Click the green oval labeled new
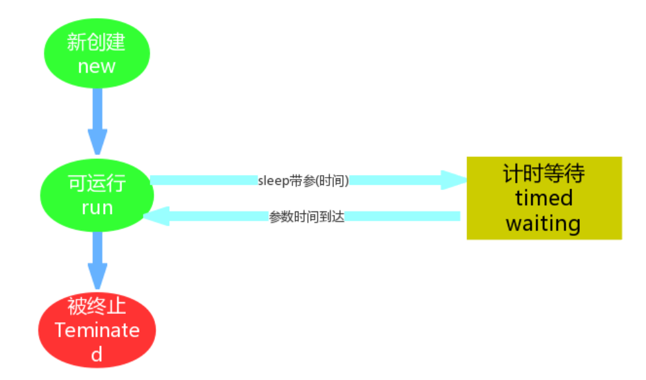coord(97,54)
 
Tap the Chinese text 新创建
coord(97,43)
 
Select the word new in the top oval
coord(97,66)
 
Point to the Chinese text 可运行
coord(97,184)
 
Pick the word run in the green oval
coord(97,208)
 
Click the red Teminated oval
coord(97,330)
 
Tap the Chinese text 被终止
coord(97,305)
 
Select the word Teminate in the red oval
coord(97,330)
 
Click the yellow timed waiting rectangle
coord(544,198)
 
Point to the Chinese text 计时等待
coord(544,173)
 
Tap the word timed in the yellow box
coord(544,198)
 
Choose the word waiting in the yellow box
coord(544,223)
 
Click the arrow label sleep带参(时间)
coord(304,181)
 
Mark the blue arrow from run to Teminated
coord(97,259)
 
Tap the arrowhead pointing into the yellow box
coord(454,180)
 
